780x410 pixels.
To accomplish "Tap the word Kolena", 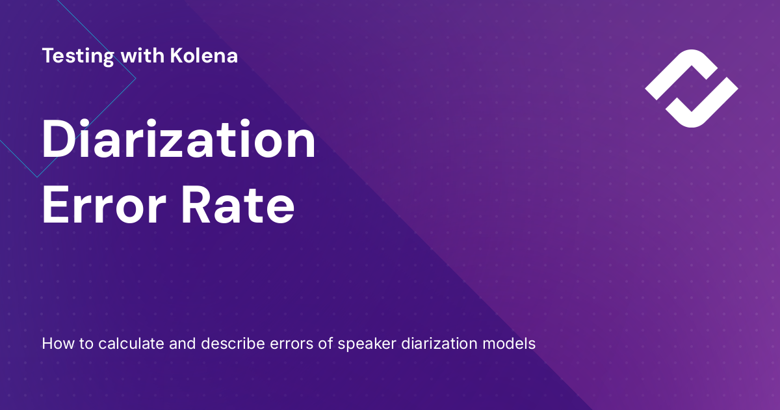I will click(203, 56).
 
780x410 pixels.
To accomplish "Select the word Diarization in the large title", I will click(179, 142).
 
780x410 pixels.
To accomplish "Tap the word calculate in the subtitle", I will click(125, 343).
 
